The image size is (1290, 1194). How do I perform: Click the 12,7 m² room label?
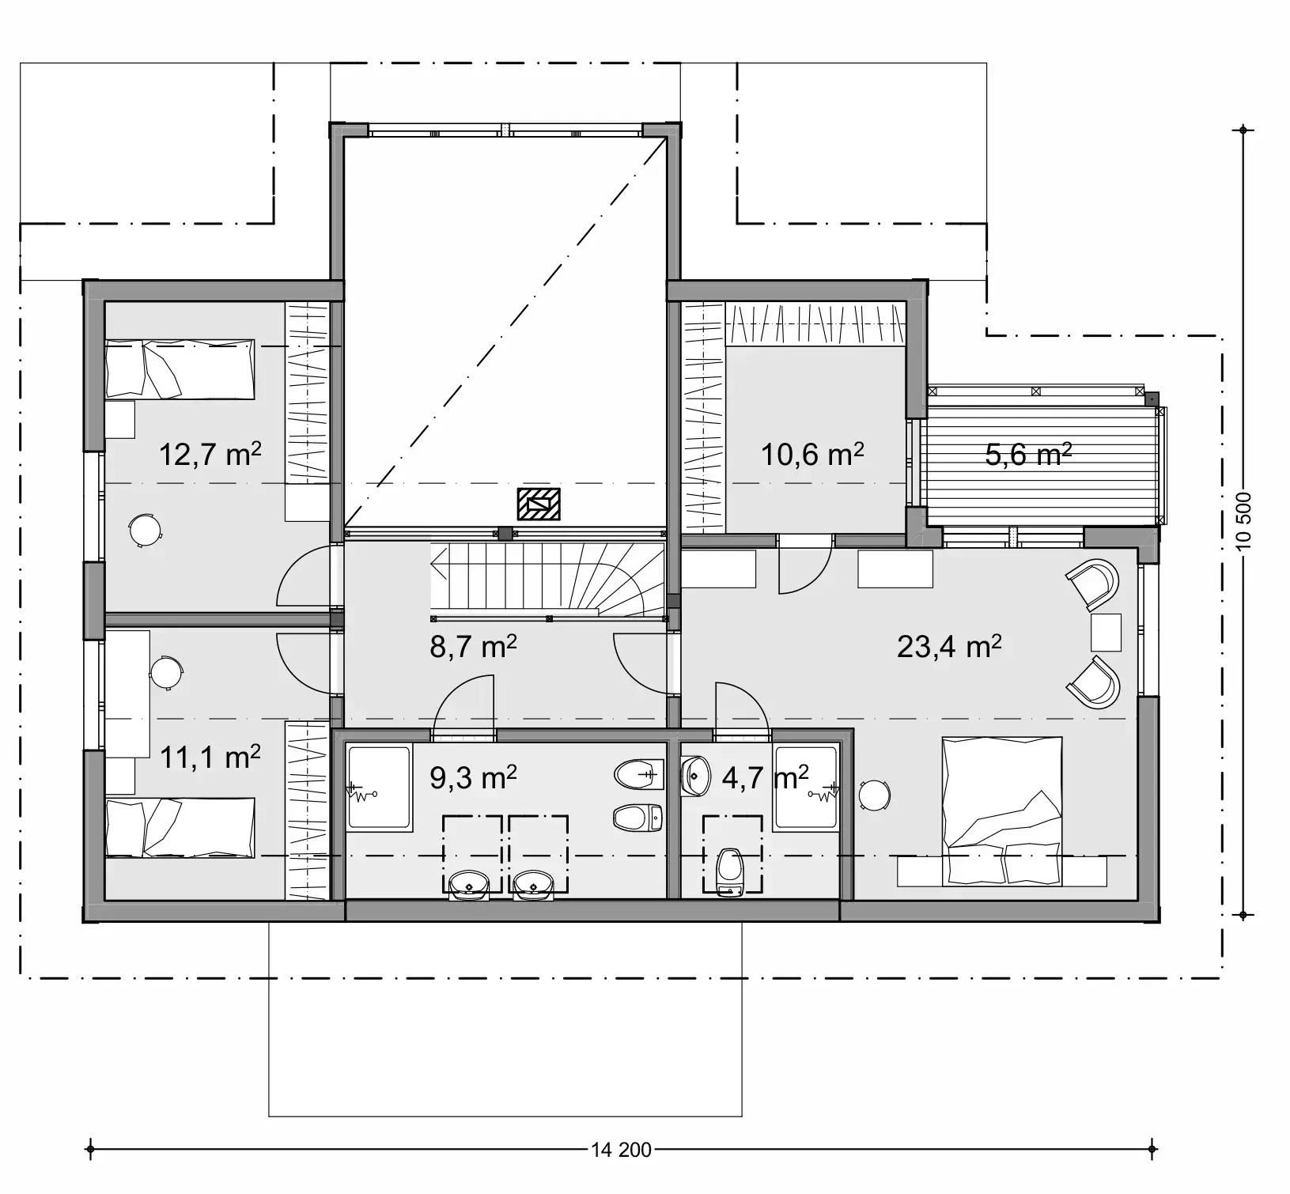pyautogui.click(x=210, y=455)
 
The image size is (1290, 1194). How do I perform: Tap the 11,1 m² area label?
pyautogui.click(x=210, y=758)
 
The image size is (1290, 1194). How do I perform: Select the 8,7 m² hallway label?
pyautogui.click(x=473, y=647)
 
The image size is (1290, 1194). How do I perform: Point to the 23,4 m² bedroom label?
pyautogui.click(x=948, y=647)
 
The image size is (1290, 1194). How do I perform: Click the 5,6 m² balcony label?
pyautogui.click(x=1027, y=455)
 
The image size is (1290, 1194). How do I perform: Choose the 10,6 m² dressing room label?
pyautogui.click(x=811, y=455)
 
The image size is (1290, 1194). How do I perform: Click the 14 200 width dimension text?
pyautogui.click(x=621, y=1150)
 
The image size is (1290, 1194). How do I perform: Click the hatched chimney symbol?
pyautogui.click(x=539, y=504)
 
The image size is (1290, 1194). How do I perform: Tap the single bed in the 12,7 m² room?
pyautogui.click(x=180, y=368)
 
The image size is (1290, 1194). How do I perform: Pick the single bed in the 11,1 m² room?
pyautogui.click(x=180, y=827)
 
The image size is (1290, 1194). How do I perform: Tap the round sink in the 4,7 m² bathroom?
pyautogui.click(x=696, y=775)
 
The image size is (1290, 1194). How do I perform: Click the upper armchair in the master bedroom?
pyautogui.click(x=1095, y=584)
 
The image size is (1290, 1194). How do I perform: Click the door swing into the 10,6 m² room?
pyautogui.click(x=804, y=565)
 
